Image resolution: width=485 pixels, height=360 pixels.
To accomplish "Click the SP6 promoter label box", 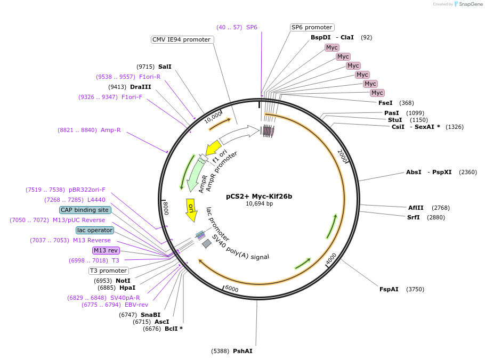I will click(x=312, y=27).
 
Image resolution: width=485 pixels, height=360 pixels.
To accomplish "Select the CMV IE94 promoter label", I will click(x=181, y=39).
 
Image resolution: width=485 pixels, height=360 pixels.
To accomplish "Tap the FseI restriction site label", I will click(x=385, y=103).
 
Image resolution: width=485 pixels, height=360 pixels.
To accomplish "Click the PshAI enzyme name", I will click(x=242, y=351).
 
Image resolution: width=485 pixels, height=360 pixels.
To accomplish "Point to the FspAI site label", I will click(x=389, y=289).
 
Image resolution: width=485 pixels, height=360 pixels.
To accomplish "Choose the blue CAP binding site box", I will click(x=85, y=210).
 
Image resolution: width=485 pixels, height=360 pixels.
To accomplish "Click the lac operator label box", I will click(x=95, y=230).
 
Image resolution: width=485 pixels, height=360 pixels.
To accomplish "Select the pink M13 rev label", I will click(x=106, y=250).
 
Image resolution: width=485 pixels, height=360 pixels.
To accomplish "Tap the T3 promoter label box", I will click(x=108, y=271).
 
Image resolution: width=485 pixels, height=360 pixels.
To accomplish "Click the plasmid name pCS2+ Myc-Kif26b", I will click(x=259, y=196).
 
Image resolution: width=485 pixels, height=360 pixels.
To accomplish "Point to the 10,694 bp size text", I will click(x=259, y=203).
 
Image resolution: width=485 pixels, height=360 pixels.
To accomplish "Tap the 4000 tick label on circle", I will click(x=330, y=259).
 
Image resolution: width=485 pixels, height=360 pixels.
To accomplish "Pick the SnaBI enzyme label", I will click(x=150, y=315).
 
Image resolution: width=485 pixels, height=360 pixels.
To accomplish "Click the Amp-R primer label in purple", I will click(x=111, y=130).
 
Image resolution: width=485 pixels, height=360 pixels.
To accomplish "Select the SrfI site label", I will click(x=414, y=217).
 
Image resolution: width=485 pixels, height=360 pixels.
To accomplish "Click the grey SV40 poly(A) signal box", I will click(x=207, y=243).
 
